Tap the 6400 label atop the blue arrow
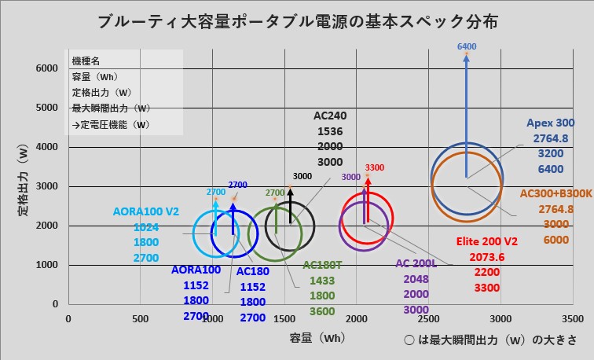pos(466,47)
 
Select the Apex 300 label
pos(550,123)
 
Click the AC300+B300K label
pos(556,193)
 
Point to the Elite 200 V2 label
pos(487,242)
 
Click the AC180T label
pos(323,266)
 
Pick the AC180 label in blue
pos(253,271)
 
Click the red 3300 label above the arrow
pos(375,167)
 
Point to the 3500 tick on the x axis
pos(573,318)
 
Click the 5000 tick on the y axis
pos(48,108)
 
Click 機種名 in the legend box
pos(86,61)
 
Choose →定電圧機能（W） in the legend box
pos(110,124)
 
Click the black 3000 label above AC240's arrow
pos(302,176)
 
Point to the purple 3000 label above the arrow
pos(350,177)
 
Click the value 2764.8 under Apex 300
pos(550,138)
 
